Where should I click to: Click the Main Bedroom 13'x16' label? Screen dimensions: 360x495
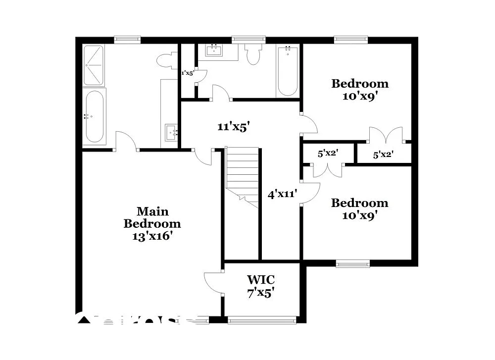click(152, 224)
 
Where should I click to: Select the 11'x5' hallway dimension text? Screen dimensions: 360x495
click(233, 127)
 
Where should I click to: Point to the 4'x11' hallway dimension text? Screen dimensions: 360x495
click(282, 194)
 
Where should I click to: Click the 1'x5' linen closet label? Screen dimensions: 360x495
click(187, 73)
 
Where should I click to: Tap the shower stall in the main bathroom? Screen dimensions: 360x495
click(93, 65)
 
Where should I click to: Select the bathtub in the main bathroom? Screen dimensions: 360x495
click(94, 117)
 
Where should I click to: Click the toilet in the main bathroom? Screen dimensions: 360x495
click(166, 60)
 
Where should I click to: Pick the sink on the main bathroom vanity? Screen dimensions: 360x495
click(171, 132)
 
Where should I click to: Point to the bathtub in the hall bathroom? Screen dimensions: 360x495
click(288, 71)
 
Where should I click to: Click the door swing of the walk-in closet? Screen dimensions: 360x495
click(214, 282)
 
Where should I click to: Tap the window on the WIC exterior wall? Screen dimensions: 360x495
click(262, 320)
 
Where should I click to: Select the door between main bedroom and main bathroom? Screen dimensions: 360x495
click(126, 141)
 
